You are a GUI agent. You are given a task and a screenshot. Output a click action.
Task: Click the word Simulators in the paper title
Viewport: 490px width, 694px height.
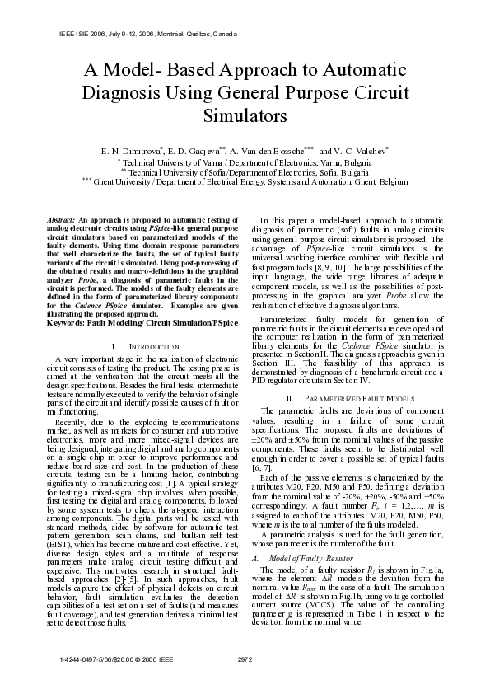pos(245,116)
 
